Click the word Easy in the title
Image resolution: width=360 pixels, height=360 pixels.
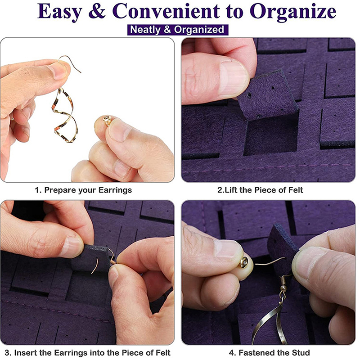pos(60,12)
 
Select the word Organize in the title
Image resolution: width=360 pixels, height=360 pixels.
pos(293,12)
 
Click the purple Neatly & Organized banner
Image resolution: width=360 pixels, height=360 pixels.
pos(178,30)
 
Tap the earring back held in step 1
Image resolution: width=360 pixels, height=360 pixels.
pos(107,120)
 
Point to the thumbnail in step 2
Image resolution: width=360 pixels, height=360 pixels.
pos(234,77)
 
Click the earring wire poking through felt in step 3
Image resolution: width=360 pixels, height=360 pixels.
pos(95,265)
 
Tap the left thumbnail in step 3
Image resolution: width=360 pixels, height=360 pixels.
pos(72,246)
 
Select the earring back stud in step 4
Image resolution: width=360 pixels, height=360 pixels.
pos(244,262)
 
